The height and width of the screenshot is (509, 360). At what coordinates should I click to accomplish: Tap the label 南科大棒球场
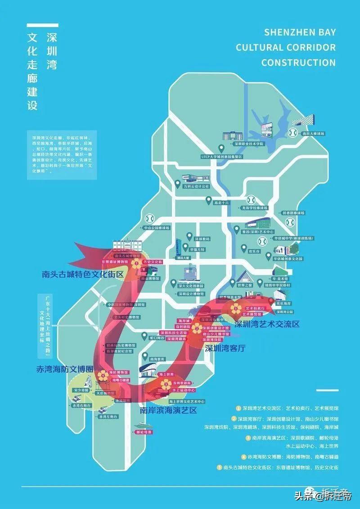(x=314, y=134)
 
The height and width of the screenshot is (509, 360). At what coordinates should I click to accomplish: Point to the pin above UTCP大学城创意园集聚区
(x=221, y=148)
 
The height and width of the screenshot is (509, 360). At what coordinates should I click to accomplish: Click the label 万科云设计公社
(x=197, y=186)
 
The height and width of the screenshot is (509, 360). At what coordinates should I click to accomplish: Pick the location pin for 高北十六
(x=208, y=199)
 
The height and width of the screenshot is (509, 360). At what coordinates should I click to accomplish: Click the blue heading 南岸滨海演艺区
(x=168, y=410)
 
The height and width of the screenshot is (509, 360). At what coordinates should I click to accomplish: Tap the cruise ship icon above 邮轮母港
(x=143, y=424)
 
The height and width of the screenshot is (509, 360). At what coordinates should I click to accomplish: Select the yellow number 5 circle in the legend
(x=220, y=467)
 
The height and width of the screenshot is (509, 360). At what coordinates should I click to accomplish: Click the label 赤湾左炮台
(x=110, y=417)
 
